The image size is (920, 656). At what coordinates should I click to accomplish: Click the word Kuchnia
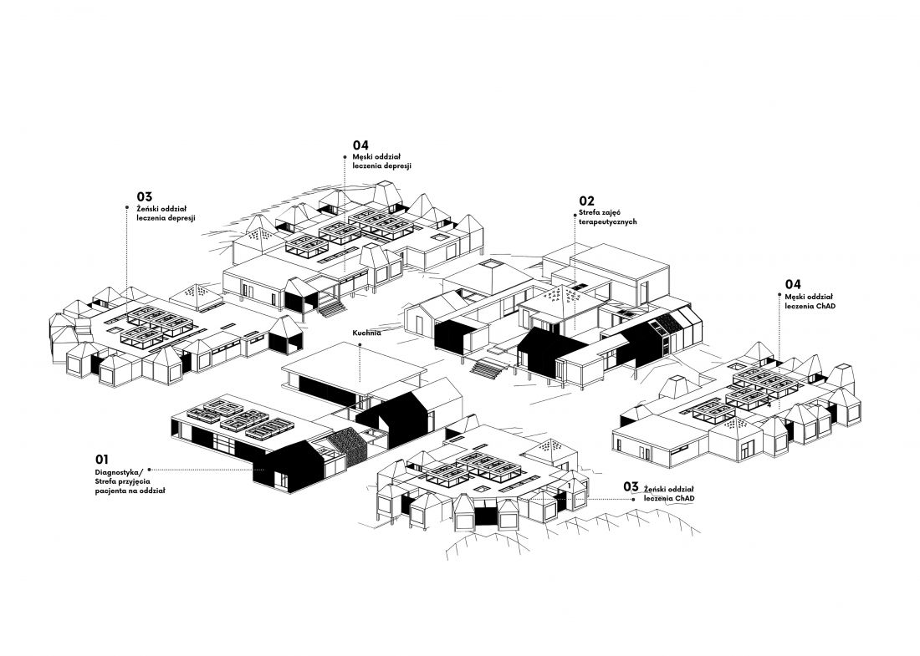point(366,333)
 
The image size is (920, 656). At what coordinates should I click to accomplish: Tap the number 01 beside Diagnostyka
point(101,460)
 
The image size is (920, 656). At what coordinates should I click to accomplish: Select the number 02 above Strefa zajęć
point(587,201)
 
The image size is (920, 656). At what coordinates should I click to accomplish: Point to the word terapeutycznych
point(608,222)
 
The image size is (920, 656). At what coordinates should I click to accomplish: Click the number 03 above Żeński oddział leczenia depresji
point(145,196)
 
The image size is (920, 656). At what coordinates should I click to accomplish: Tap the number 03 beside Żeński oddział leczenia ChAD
point(631,486)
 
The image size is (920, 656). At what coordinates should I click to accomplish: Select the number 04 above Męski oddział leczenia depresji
point(360,145)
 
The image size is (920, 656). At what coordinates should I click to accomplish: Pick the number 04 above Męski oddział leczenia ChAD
point(793,285)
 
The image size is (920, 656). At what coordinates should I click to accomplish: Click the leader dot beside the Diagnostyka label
point(150,470)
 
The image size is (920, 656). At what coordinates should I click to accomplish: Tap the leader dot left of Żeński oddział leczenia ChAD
point(633,500)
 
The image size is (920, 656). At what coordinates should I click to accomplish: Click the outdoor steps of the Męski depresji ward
point(332,308)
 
